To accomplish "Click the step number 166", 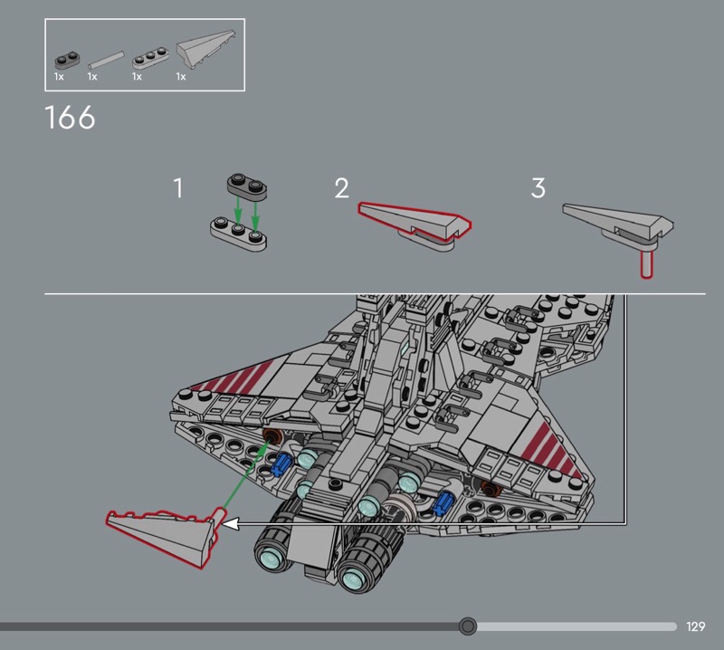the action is point(71,118).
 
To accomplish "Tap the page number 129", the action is point(695,626).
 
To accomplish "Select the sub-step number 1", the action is point(178,188).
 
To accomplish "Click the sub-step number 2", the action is point(342,188).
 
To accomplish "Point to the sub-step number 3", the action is point(538,188).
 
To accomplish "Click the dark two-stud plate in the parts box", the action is point(67,61).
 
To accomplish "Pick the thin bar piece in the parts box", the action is point(106,60).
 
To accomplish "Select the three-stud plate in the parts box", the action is point(150,57).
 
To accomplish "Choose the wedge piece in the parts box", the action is point(206,48).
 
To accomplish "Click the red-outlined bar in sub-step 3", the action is point(646,263).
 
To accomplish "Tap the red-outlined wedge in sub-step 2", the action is point(414,220).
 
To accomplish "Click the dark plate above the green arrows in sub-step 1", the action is point(247,187).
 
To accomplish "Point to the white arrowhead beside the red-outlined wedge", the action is point(230,524).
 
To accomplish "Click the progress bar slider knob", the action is point(468,626).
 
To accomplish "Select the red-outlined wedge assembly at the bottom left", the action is point(162,536).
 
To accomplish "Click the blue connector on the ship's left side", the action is point(281,464).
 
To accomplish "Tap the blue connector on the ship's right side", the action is point(443,502).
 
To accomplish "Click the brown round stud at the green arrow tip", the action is point(272,435).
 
